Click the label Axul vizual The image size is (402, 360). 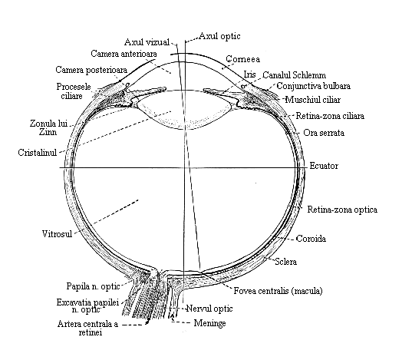pos(147,42)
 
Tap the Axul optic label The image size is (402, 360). pos(219,36)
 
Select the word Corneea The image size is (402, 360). pos(242,59)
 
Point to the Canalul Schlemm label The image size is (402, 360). pos(295,75)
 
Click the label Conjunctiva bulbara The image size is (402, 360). pos(314,86)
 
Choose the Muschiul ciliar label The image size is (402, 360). pos(313,100)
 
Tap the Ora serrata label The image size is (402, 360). pos(324,133)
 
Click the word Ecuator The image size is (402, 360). pos(324,166)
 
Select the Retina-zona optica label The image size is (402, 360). pos(342,210)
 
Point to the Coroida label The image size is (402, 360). pos(311,239)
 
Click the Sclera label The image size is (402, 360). pos(286,262)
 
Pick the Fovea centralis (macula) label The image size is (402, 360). pos(278,291)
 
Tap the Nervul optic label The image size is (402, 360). pos(209,309)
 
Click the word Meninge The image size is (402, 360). pos(209,323)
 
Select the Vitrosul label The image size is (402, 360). pos(58,234)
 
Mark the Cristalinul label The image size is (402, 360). pos(38,153)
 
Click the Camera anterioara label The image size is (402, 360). pos(124,54)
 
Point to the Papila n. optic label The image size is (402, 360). pos(94,286)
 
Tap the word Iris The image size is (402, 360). pos(249,74)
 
